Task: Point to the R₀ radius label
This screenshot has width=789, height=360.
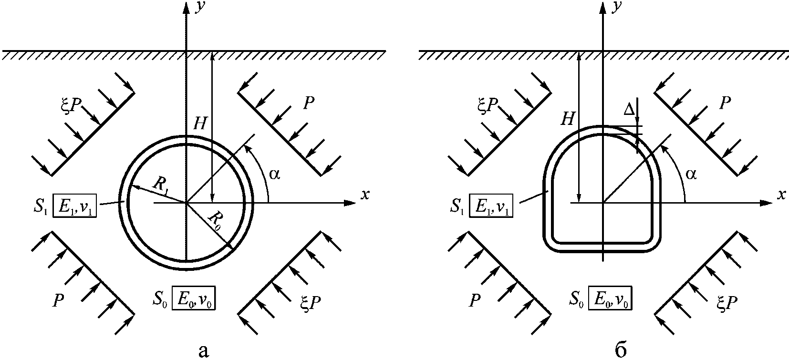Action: pos(215,221)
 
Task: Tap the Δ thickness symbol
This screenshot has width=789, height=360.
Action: pos(629,110)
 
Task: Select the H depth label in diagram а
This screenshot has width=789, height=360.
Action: pos(200,124)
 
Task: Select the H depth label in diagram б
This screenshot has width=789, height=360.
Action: pos(567,119)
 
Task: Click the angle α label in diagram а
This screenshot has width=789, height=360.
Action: pos(274,174)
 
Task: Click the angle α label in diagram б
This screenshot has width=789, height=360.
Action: pos(691,174)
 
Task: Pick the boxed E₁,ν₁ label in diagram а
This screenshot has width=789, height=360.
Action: pos(75,205)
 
